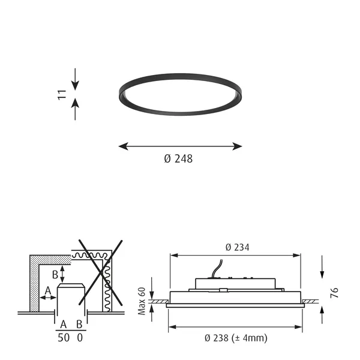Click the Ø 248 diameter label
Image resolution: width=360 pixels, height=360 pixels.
pos(178,158)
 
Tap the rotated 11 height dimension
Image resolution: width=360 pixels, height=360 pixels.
pos(62,95)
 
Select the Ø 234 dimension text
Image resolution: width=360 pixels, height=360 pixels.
pos(238,247)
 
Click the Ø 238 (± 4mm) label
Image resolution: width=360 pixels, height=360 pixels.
pos(236,338)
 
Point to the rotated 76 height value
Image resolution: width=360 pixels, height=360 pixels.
pos(334,293)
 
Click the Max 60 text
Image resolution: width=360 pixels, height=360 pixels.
pos(142,301)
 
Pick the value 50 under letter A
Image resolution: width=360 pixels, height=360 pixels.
pos(64,338)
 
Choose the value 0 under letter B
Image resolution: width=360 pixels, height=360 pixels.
pos(80,338)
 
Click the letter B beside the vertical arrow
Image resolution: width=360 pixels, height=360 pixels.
pos(55,275)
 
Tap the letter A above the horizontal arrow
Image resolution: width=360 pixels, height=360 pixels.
pos(48,290)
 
